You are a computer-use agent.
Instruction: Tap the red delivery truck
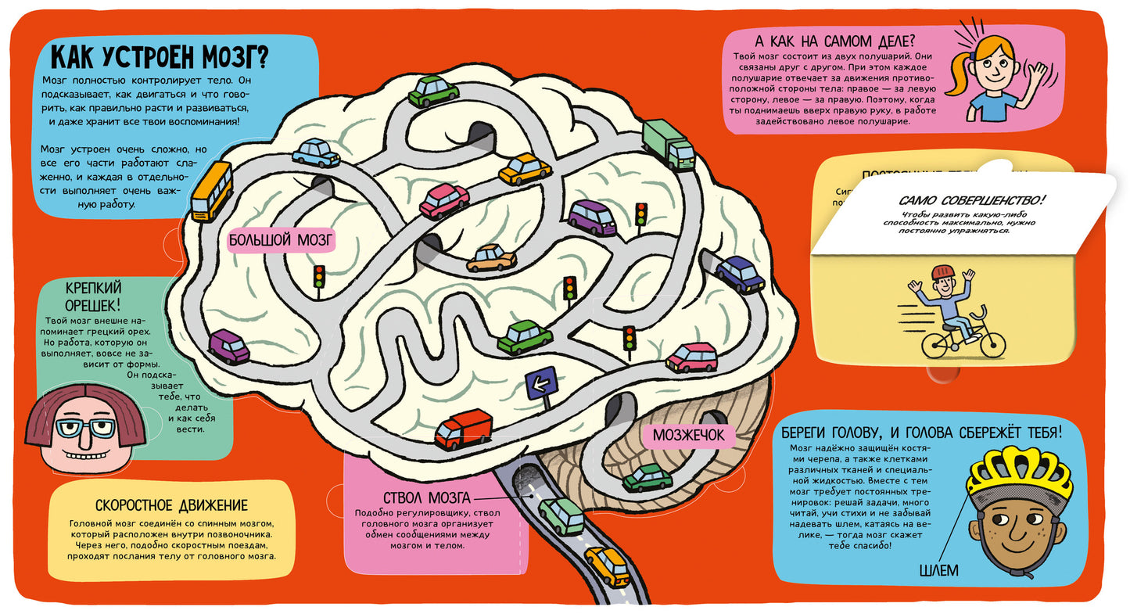(x=464, y=429)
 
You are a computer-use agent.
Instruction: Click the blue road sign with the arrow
(x=540, y=384)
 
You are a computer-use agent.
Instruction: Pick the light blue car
(x=316, y=153)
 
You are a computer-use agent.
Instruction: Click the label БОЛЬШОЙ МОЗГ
(x=281, y=240)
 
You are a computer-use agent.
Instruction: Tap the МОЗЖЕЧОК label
(x=688, y=435)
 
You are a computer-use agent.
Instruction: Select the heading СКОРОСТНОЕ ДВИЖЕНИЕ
(x=171, y=505)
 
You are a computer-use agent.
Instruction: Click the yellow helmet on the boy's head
(x=1020, y=474)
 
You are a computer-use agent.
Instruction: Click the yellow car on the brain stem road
(x=608, y=566)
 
